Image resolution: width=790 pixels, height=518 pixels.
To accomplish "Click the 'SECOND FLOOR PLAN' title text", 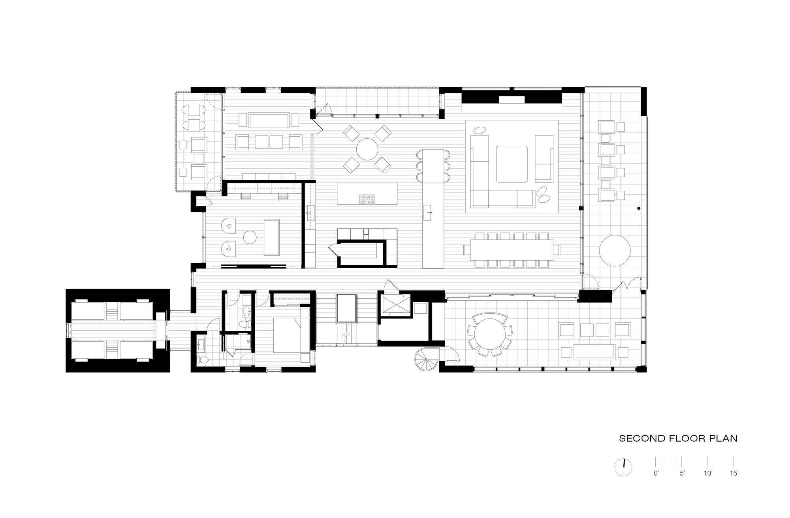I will (678, 439).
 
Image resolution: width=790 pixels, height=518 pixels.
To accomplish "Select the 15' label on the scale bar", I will (734, 473).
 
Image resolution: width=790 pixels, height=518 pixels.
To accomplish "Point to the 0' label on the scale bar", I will (656, 473).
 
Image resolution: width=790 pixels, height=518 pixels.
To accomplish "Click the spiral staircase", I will (427, 360).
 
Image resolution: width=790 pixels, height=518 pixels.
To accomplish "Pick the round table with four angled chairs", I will (367, 149).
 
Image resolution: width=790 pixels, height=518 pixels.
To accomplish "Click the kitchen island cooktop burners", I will (367, 199).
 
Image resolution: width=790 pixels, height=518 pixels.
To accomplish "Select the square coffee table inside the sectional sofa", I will (512, 164).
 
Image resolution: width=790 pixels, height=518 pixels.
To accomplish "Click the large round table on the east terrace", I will (615, 251).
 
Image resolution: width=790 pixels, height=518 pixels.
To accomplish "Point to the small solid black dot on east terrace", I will (638, 208).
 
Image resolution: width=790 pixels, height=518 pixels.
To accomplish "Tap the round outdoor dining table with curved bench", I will (489, 335).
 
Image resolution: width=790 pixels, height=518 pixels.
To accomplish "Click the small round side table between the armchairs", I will (250, 237).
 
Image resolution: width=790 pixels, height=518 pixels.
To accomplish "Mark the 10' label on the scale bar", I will (707, 473).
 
